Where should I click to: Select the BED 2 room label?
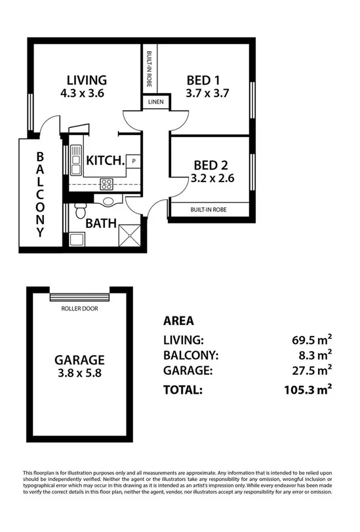(x=210, y=164)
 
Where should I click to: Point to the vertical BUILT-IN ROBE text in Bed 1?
(x=150, y=69)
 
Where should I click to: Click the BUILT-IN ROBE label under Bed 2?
(x=209, y=209)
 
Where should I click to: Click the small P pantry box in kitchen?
(x=134, y=161)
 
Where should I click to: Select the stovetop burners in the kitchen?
(x=105, y=183)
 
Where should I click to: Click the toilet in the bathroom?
(x=79, y=211)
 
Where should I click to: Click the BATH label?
(x=102, y=223)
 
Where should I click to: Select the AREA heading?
(x=178, y=321)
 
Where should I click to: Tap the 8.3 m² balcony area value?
(x=313, y=356)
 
